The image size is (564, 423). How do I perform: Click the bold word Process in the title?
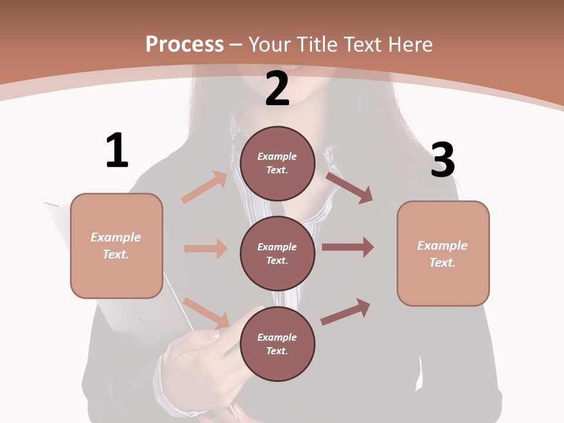tap(184, 44)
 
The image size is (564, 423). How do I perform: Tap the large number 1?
tap(117, 150)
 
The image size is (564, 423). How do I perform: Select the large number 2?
tap(277, 89)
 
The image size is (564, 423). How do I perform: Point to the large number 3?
tap(442, 160)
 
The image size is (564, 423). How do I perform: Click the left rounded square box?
tap(116, 246)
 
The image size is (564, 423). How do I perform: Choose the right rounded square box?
tap(443, 253)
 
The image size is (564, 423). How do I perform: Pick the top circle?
tap(277, 163)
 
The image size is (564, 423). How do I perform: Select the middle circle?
tap(277, 253)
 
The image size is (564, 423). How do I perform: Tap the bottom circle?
tap(277, 344)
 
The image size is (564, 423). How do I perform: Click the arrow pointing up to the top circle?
tap(204, 187)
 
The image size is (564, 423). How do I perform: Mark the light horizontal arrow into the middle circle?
tap(206, 249)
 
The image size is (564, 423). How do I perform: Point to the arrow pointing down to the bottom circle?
tap(206, 313)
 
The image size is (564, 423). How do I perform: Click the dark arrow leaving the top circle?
tap(350, 187)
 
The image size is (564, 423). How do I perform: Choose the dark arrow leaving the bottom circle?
tap(345, 311)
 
